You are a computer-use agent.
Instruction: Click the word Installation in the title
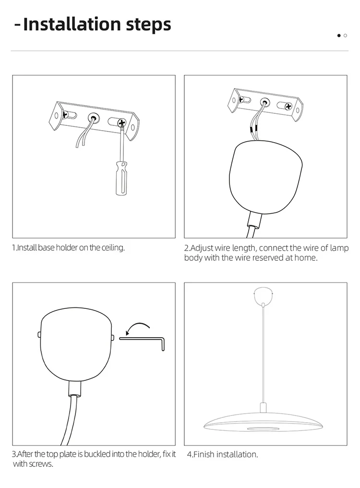[72, 24]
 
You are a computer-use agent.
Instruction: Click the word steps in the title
[148, 25]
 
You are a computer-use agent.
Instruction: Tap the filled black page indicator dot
[339, 36]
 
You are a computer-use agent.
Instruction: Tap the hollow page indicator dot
[346, 36]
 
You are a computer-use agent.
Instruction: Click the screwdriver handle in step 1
[121, 178]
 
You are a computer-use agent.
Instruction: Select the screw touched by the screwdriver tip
[121, 123]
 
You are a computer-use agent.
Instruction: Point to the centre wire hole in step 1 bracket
[93, 118]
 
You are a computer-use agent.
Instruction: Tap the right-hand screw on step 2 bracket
[288, 107]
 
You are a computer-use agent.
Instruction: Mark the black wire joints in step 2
[252, 128]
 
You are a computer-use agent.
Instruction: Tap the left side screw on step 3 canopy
[39, 334]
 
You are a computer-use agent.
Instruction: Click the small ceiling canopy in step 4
[264, 296]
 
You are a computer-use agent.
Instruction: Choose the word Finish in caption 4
[204, 454]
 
